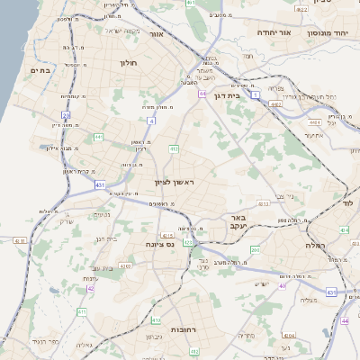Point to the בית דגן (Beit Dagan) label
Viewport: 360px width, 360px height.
(x=233, y=94)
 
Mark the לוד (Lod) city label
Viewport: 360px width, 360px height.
(x=351, y=203)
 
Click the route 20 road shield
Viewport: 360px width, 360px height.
(x=67, y=115)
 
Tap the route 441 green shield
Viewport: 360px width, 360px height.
(x=97, y=137)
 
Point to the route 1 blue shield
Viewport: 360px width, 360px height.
(x=256, y=94)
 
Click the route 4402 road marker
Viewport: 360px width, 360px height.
(x=275, y=104)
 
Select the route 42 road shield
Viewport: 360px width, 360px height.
(x=90, y=289)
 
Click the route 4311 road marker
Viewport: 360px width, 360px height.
(x=167, y=237)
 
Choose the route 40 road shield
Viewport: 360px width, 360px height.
(x=282, y=285)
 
